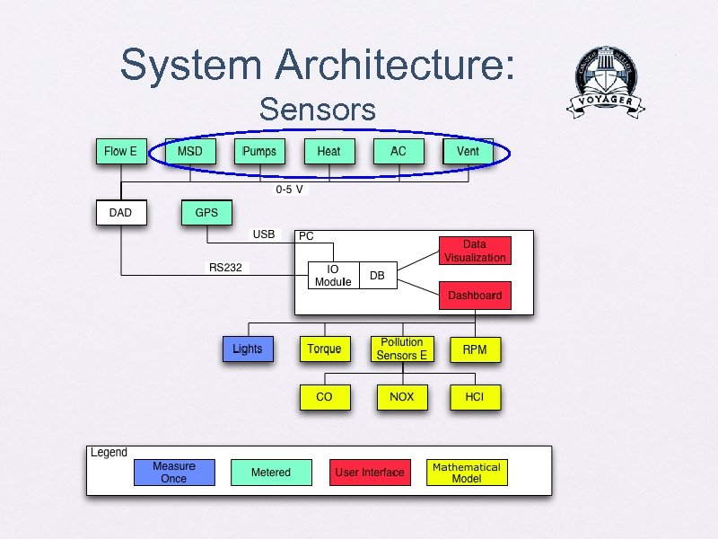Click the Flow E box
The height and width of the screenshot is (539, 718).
click(x=120, y=152)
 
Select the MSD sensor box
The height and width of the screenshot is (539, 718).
click(x=190, y=152)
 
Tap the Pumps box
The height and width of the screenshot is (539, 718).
click(x=259, y=152)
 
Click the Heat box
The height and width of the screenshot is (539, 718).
click(x=329, y=152)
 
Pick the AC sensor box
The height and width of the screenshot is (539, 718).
click(x=398, y=152)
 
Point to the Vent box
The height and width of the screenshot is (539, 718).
click(x=468, y=152)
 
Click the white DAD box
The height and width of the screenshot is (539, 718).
click(x=120, y=213)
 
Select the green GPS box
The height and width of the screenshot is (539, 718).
click(x=206, y=213)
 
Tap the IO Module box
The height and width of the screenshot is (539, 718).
click(x=333, y=276)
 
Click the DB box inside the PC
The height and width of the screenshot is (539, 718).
click(x=377, y=276)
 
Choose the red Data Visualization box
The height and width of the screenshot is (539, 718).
click(x=475, y=251)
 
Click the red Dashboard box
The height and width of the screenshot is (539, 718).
click(x=475, y=296)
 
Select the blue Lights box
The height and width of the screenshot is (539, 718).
click(x=247, y=349)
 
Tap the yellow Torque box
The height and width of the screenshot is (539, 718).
click(x=324, y=349)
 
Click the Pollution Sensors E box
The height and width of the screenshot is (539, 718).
click(x=401, y=349)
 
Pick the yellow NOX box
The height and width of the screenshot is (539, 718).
click(x=401, y=396)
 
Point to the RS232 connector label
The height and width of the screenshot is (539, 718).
click(x=225, y=267)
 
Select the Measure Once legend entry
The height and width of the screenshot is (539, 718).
click(x=174, y=473)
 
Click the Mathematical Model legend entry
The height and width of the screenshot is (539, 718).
click(x=467, y=473)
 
